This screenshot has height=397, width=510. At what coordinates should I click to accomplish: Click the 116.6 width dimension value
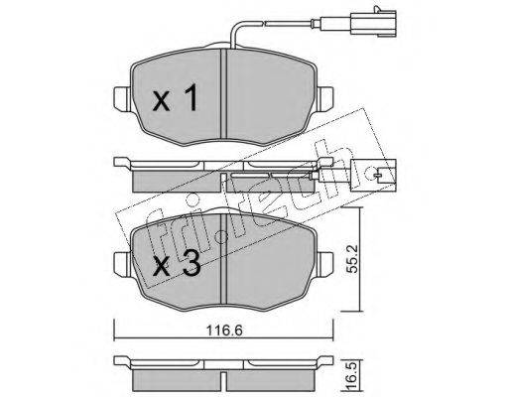[224, 331]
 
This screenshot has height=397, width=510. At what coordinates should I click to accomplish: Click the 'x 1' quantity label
[175, 97]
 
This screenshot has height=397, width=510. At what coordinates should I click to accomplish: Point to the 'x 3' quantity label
[177, 263]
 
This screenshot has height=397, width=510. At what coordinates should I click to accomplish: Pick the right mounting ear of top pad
[326, 98]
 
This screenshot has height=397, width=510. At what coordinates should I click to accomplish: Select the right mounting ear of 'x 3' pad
[326, 264]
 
